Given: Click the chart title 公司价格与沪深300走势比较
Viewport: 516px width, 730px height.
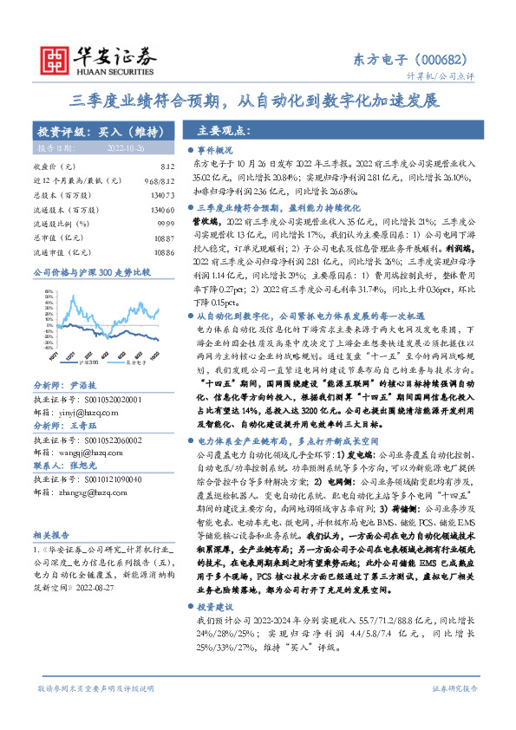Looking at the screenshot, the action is pyautogui.click(x=92, y=272).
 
